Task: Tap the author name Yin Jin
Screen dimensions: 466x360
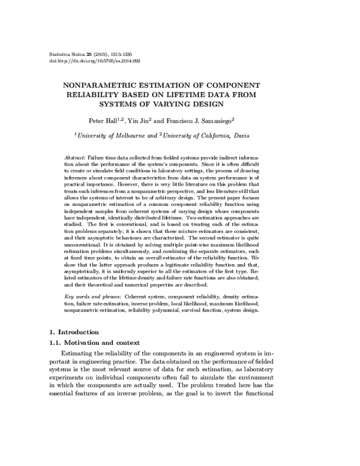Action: click(x=141, y=120)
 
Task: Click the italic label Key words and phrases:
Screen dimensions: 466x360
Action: click(x=92, y=297)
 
